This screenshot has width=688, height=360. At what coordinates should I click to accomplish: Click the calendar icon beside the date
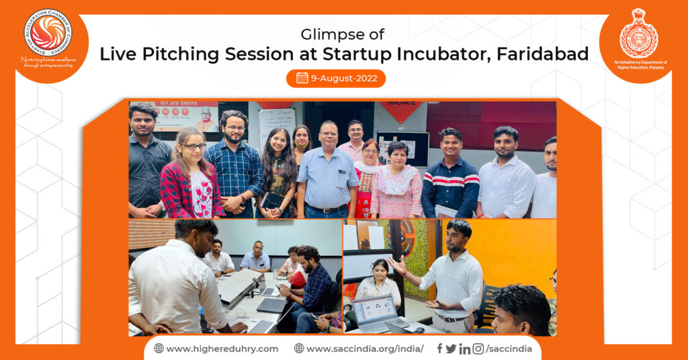[x=302, y=78]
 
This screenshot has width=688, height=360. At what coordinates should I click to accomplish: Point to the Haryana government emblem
[x=638, y=34]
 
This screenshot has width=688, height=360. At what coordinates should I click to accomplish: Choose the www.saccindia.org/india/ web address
[x=365, y=349]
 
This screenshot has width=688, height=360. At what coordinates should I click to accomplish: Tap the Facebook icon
[x=439, y=349]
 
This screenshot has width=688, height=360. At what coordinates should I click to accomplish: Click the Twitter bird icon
[x=451, y=349]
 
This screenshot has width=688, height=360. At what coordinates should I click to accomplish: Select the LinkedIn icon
[x=464, y=349]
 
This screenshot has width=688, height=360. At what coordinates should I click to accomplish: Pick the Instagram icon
[x=478, y=349]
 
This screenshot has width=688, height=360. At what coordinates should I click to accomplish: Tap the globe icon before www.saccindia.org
[x=299, y=349]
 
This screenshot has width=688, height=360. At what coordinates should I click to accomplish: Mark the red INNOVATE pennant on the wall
[x=400, y=109]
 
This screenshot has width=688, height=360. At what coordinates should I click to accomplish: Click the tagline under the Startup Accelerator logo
[x=48, y=62]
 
